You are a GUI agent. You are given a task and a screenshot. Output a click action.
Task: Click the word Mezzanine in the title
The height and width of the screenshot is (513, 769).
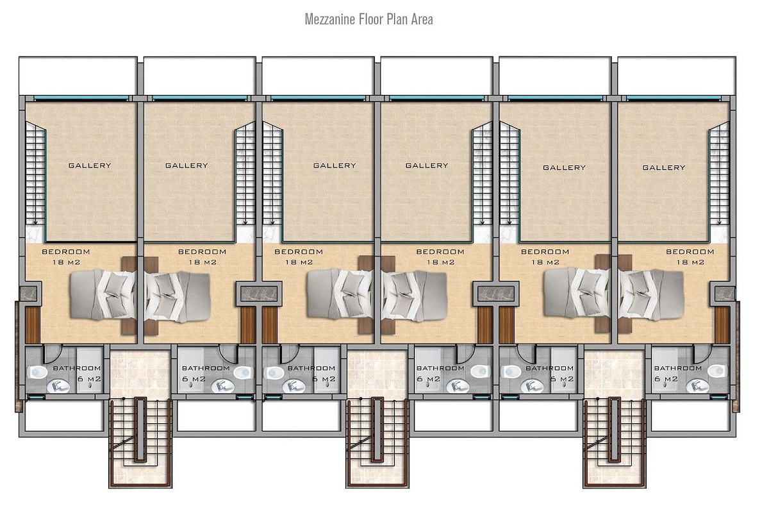pos(330,19)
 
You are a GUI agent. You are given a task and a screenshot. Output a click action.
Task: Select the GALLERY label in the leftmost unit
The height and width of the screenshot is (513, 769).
pos(90,165)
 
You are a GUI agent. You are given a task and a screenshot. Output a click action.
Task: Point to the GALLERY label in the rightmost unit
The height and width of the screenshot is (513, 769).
pos(664,167)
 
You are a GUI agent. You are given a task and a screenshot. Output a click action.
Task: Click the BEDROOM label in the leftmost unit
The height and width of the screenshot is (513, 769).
pos(66,251)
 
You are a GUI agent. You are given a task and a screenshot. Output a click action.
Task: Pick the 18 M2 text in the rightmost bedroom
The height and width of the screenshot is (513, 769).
pos(690,262)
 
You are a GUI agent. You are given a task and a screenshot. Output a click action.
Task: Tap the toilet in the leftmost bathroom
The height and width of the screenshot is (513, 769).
pos(38,372)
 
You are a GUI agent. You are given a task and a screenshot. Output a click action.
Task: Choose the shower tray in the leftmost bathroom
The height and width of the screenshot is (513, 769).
pos(89,370)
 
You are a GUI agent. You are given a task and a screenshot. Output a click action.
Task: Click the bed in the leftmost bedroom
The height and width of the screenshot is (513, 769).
pos(103,294)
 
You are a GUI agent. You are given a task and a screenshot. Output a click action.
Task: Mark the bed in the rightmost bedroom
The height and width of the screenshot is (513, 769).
pos(650,294)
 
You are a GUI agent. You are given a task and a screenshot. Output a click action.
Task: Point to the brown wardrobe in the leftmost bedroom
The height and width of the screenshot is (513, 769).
pos(33,324)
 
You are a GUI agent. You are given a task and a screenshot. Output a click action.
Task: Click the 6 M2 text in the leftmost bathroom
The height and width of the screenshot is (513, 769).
pos(89,379)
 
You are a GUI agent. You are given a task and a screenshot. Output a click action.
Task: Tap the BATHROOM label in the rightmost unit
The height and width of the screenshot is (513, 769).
pos(678,368)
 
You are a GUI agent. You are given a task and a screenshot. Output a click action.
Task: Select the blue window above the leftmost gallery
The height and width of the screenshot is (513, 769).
pos(81,98)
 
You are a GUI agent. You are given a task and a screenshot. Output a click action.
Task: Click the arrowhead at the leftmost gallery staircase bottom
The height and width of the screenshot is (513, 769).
pos(35,222)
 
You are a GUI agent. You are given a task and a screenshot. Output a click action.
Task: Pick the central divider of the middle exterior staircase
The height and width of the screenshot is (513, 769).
pos(377,429)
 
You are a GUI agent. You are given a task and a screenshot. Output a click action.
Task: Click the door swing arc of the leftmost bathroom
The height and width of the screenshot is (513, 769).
pos(53,354)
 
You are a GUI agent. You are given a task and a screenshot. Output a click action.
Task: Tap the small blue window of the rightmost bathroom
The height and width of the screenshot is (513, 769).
pos(718,397)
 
